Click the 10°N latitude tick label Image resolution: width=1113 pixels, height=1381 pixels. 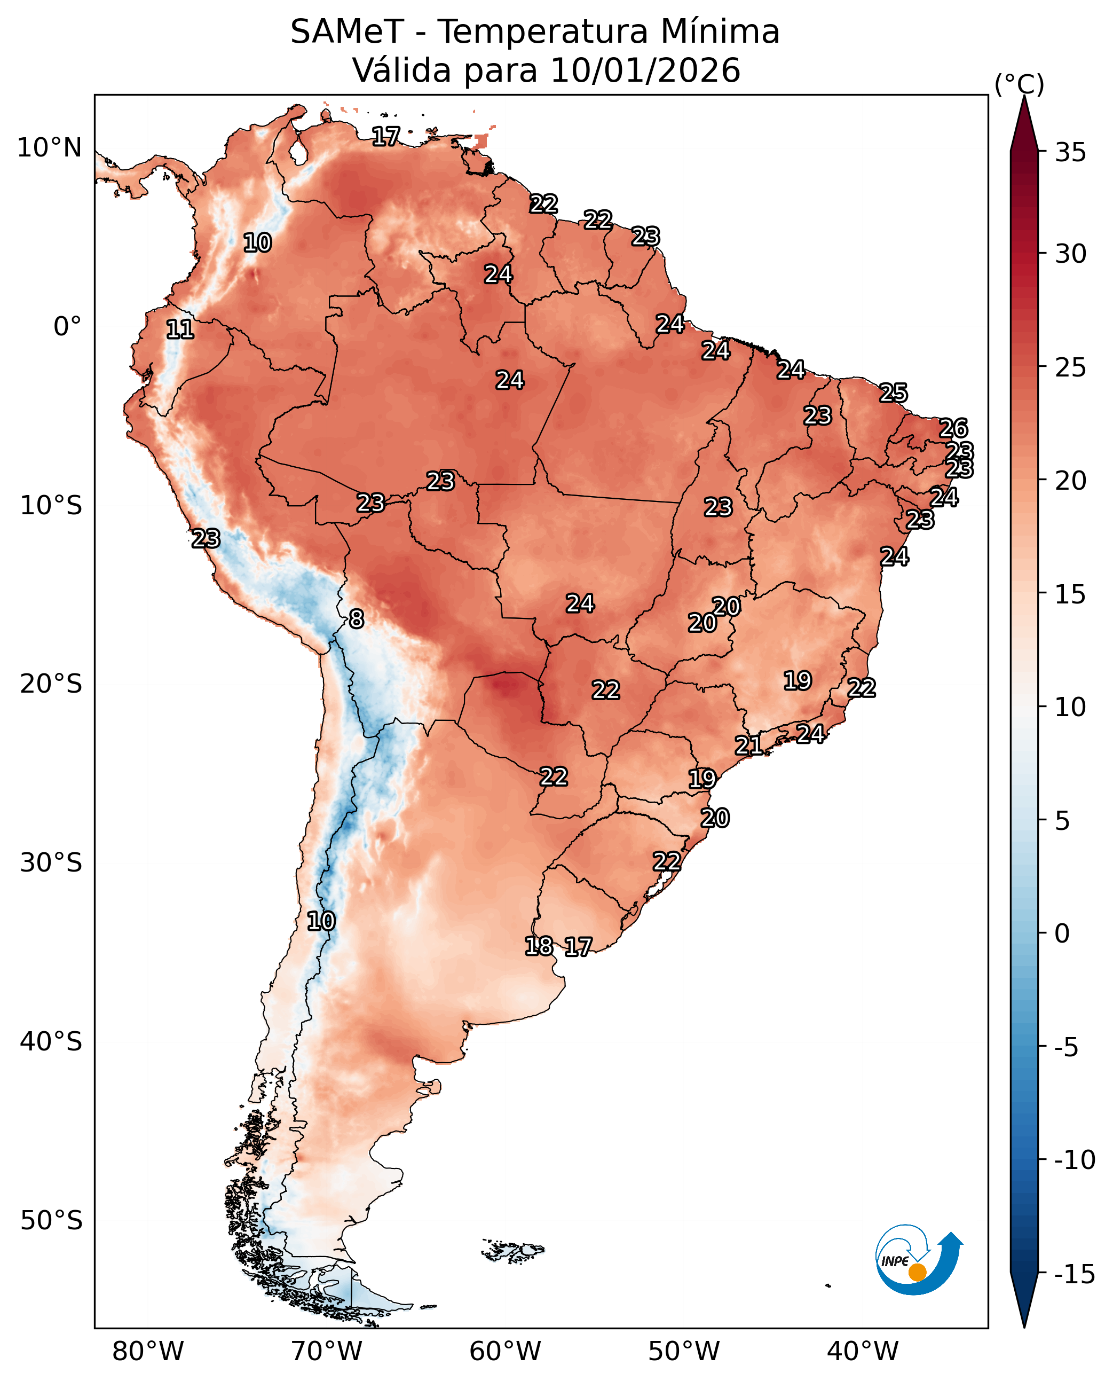[49, 148]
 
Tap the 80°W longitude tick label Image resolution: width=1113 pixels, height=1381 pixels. [147, 1352]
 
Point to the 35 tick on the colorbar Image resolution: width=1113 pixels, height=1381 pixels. [1071, 153]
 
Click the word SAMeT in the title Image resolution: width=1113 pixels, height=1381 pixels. [347, 32]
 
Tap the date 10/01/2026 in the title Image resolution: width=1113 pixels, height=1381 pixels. [645, 70]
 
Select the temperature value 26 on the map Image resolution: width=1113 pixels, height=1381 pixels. [953, 428]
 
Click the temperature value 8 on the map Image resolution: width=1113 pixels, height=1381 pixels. [357, 619]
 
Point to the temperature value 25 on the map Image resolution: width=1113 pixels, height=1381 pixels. [893, 393]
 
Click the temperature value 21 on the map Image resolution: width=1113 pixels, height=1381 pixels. [748, 746]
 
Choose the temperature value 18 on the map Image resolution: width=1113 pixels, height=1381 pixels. [539, 945]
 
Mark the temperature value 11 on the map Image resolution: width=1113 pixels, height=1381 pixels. [179, 329]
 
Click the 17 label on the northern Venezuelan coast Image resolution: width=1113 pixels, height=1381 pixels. [386, 136]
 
